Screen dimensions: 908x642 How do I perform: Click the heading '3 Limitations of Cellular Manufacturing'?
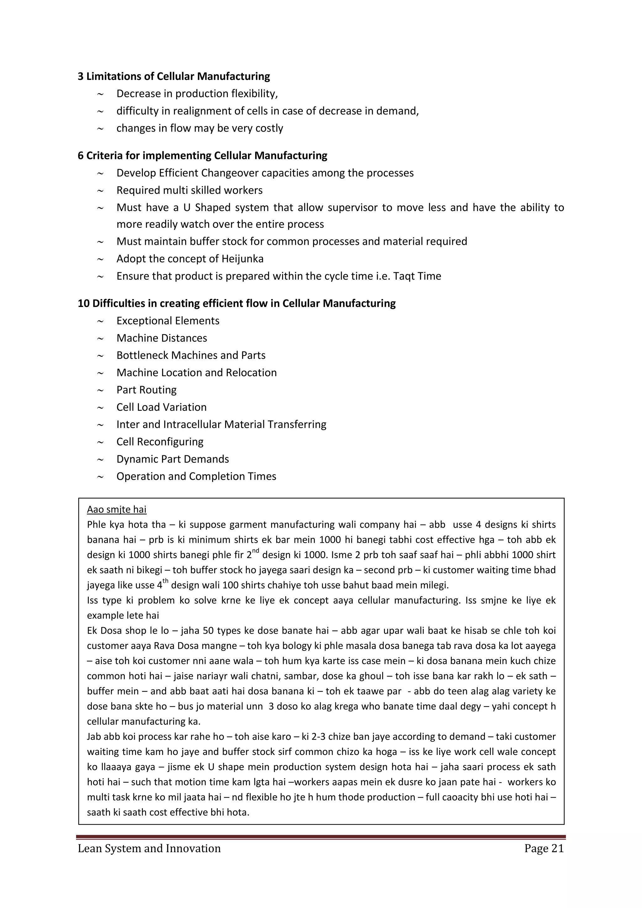(174, 76)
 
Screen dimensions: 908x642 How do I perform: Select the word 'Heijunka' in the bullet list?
(242, 259)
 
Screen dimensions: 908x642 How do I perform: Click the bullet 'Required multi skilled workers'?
(189, 190)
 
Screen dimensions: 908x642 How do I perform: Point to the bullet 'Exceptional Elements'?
(168, 321)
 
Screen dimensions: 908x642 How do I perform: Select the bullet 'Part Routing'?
(146, 390)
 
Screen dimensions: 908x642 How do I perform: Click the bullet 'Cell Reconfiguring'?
(160, 442)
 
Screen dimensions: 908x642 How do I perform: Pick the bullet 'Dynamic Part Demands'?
(172, 459)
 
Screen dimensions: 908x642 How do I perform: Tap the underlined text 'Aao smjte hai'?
(117, 509)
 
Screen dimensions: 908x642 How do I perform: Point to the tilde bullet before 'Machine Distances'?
(100, 339)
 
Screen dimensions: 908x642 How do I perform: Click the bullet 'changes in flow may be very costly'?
(200, 128)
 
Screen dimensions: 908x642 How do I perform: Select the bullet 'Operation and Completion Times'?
(196, 476)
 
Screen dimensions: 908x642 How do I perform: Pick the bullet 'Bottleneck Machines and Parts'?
(191, 355)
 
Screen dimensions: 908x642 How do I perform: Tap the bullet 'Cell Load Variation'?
(161, 407)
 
